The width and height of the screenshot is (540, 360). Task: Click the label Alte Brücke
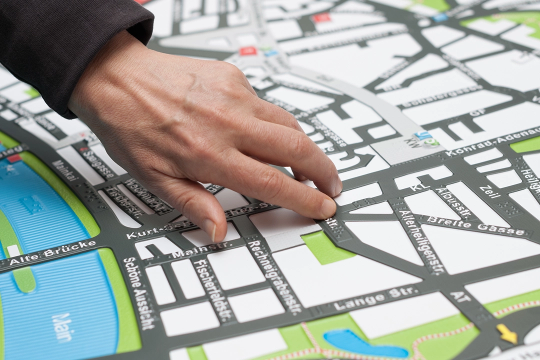coord(52,252)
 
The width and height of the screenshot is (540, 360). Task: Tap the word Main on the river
coord(62,327)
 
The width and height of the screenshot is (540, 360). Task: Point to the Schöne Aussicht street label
coord(139,293)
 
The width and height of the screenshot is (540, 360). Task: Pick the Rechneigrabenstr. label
coord(274,276)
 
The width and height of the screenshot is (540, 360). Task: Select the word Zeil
coord(489,192)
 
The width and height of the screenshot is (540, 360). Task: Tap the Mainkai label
coord(64,170)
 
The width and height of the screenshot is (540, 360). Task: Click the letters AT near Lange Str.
coord(460,296)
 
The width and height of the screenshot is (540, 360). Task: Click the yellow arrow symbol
coord(506,333)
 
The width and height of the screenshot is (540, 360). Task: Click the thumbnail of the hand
coord(209,229)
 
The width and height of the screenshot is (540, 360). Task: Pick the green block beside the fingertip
coord(325,247)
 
